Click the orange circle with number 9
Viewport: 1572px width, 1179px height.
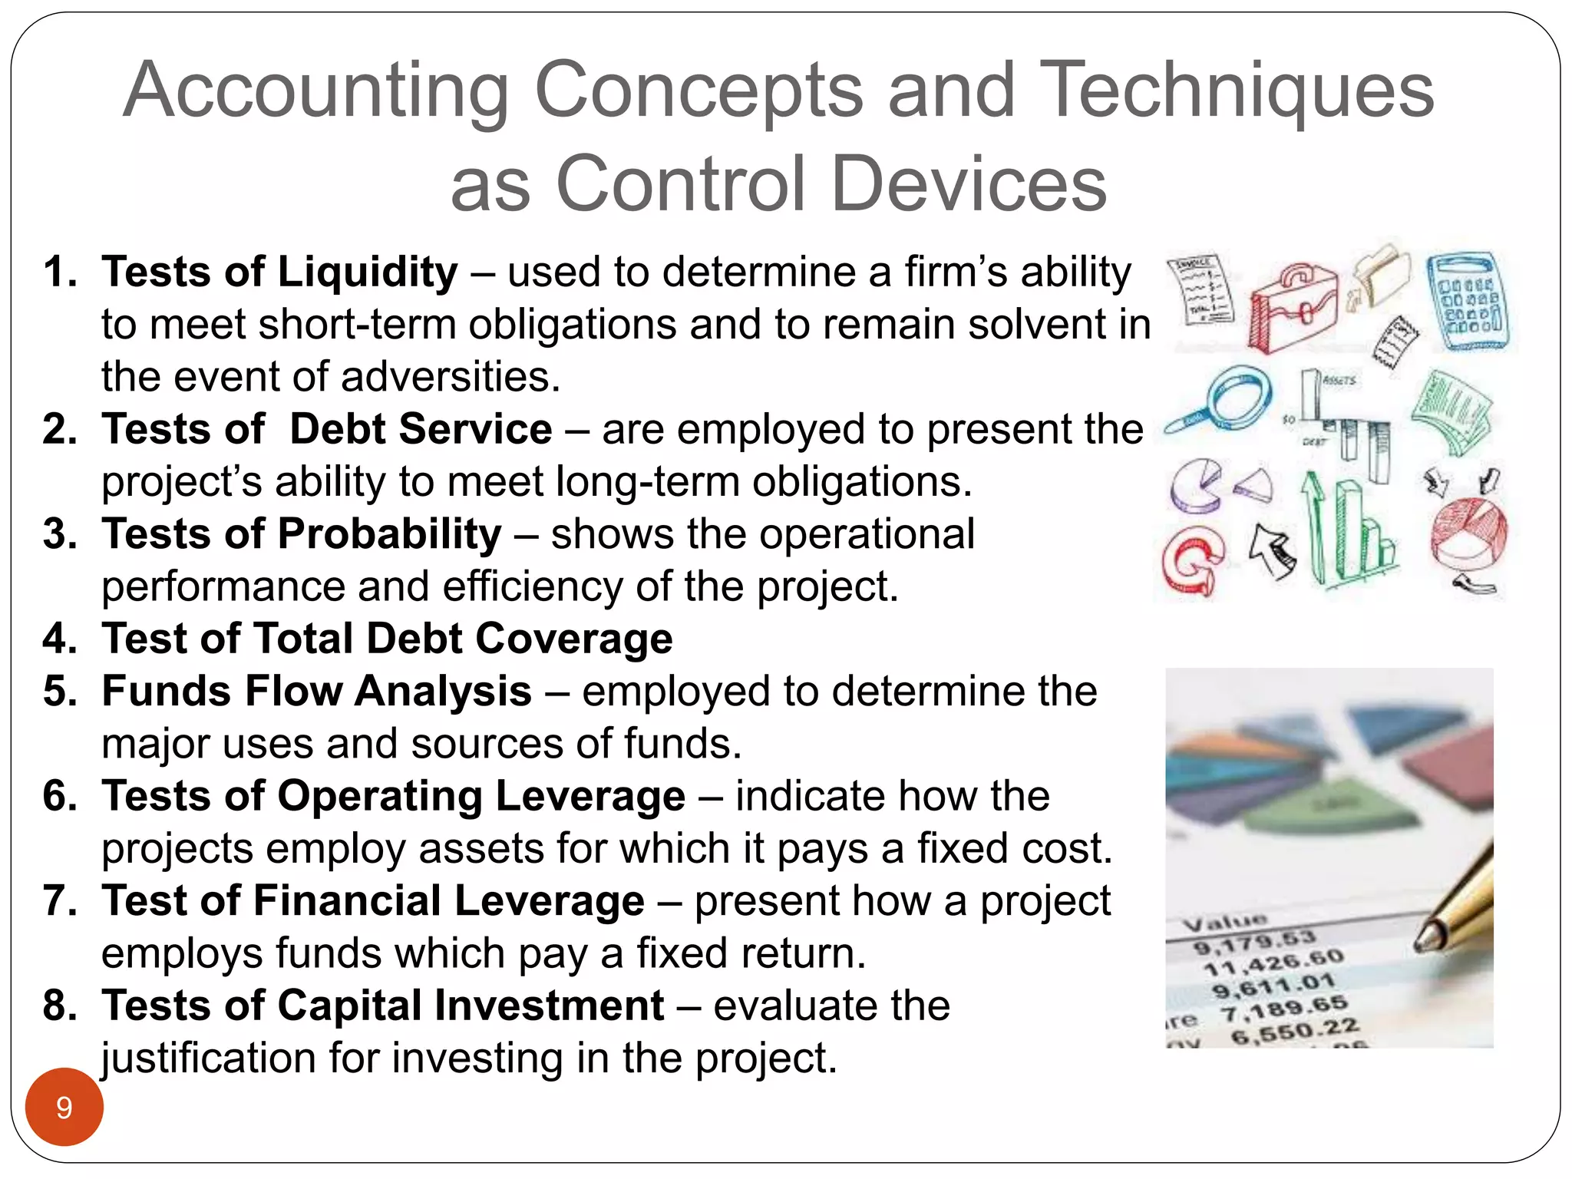pos(64,1107)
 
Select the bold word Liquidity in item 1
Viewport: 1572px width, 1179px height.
pos(368,272)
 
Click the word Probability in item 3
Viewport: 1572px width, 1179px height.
pos(389,534)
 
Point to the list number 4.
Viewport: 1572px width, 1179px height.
pos(59,639)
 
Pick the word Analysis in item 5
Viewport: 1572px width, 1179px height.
pos(443,691)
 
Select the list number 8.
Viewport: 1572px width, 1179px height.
pos(59,1006)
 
